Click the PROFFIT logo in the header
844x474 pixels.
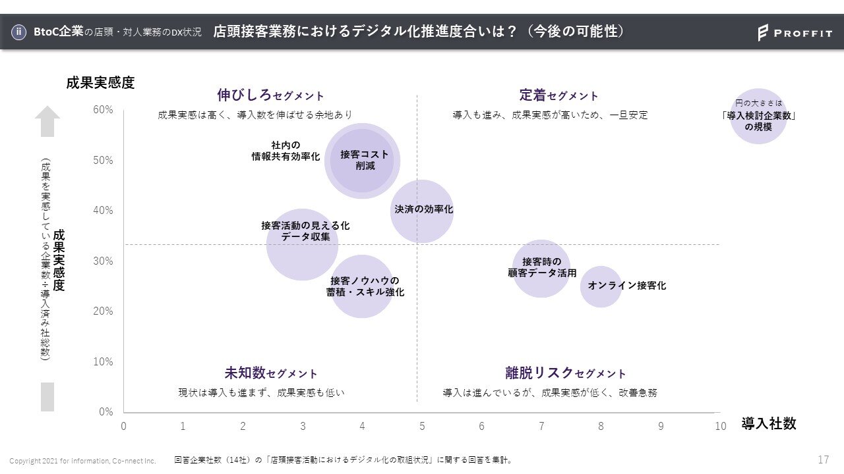(x=795, y=32)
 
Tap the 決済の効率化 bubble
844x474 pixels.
(x=422, y=211)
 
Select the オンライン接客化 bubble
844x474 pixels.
(x=601, y=286)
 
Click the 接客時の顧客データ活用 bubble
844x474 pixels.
(x=541, y=268)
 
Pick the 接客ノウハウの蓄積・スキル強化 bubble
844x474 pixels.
(x=362, y=286)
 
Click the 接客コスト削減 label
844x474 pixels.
(x=365, y=160)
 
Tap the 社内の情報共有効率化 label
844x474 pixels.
(x=286, y=151)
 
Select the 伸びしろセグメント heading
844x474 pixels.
(x=270, y=95)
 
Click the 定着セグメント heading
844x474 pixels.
(x=558, y=95)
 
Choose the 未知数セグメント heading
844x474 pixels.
(x=270, y=373)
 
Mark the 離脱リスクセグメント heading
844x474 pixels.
(x=565, y=373)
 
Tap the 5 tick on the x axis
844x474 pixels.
(x=422, y=426)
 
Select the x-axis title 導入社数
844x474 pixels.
(x=769, y=424)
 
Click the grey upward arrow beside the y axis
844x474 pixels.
(x=47, y=122)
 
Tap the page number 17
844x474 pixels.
(x=823, y=460)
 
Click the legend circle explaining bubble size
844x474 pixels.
(x=759, y=117)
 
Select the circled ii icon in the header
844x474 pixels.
(x=20, y=32)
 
